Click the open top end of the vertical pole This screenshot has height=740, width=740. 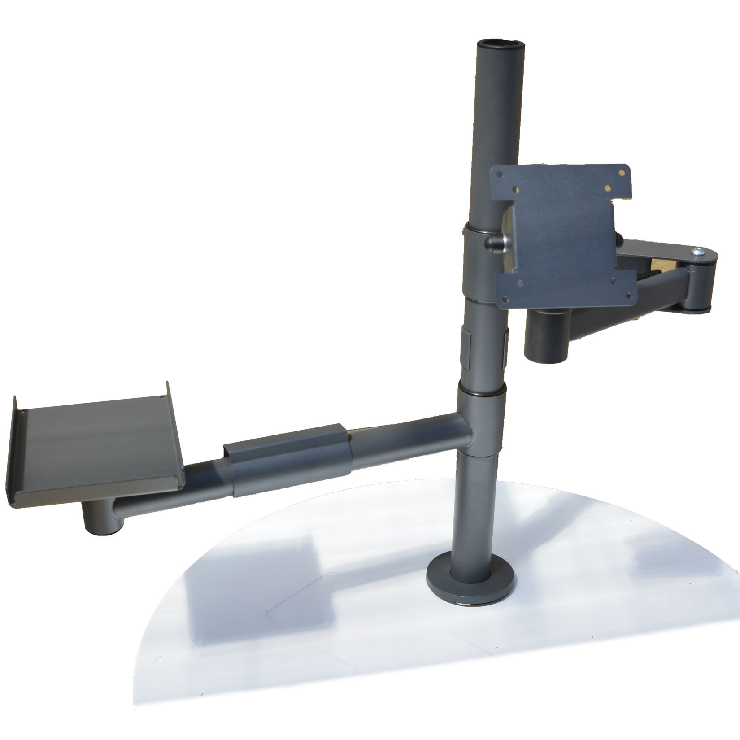(500, 45)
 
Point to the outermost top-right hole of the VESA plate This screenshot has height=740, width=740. (622, 171)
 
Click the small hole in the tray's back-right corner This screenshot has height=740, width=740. (161, 396)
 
